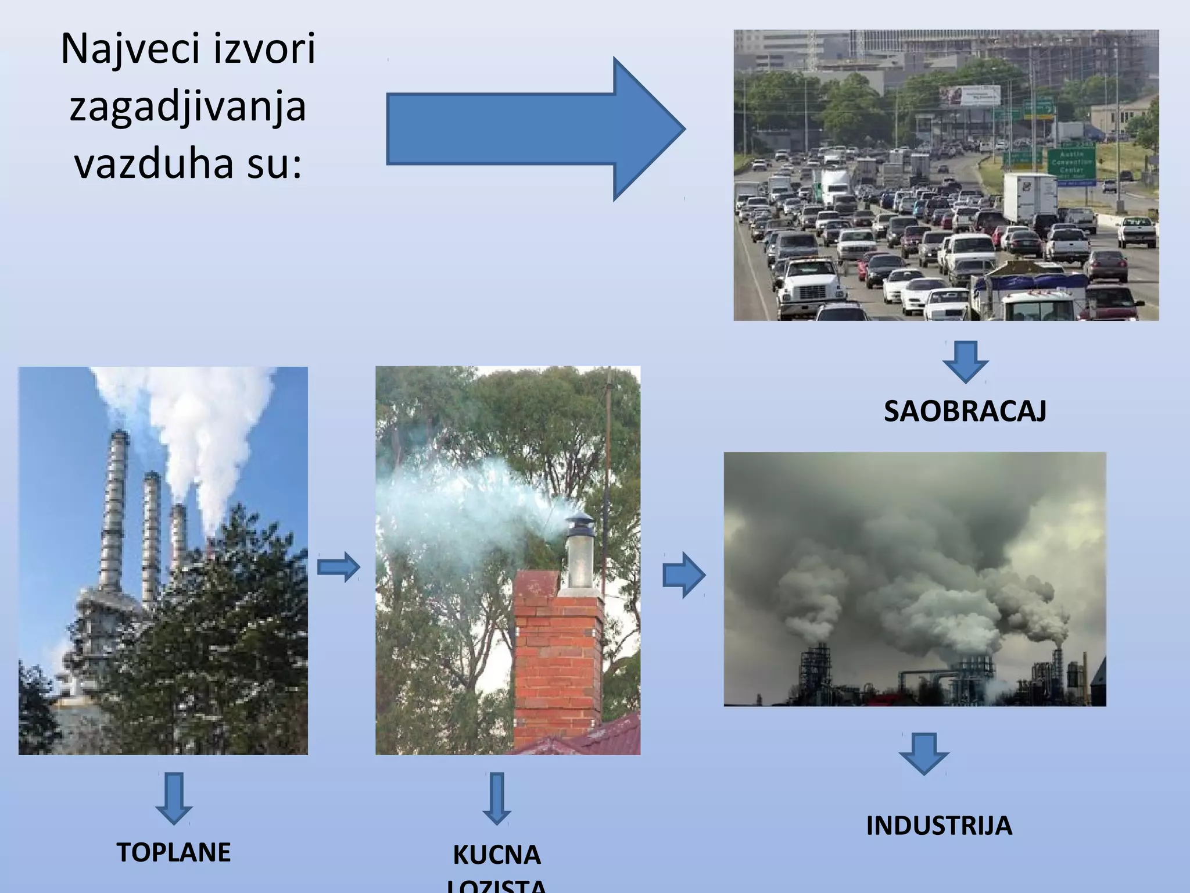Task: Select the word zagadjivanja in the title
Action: (188, 107)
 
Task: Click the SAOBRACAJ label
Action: (965, 412)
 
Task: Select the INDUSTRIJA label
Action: (939, 826)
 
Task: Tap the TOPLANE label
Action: (174, 852)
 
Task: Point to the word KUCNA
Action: (497, 855)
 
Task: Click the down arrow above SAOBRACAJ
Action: (965, 361)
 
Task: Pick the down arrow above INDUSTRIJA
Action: (924, 753)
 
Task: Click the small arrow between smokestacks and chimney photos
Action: (339, 567)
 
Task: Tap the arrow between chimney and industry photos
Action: (684, 576)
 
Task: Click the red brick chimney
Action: (558, 657)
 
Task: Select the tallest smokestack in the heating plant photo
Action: (114, 512)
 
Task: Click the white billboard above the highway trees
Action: (970, 95)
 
